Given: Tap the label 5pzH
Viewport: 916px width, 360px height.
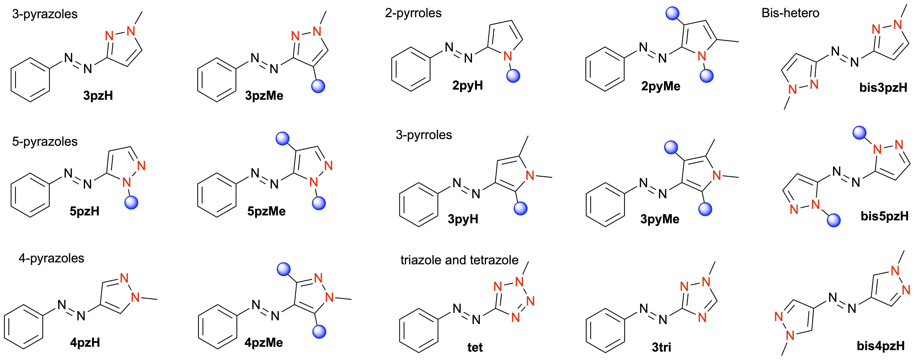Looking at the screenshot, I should pos(85,211).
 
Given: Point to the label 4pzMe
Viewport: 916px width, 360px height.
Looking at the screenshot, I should pos(264,343).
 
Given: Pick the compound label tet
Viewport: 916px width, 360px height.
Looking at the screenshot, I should pos(475,347).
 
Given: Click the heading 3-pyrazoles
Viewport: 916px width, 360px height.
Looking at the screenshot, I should pos(45,14).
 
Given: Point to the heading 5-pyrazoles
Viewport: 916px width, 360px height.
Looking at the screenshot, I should pos(45,142).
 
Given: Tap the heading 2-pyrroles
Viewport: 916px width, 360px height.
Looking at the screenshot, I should pos(413,13).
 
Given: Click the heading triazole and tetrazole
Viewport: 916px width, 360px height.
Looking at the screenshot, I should pos(459,260).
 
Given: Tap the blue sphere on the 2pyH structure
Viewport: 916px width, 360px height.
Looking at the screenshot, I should pos(513,76).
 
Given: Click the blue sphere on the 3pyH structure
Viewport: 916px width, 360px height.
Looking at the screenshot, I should pos(521,208).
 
